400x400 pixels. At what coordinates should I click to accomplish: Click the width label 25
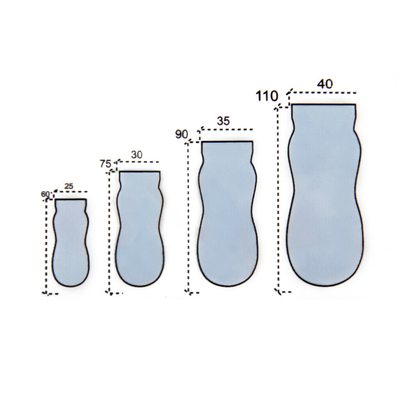tap(69, 186)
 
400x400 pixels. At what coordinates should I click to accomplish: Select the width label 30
tap(136, 155)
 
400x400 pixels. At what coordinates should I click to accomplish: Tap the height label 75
tap(105, 164)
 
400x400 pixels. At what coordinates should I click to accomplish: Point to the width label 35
tap(223, 121)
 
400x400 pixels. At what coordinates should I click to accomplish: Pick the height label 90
tap(181, 135)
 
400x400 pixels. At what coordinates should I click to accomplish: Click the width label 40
tap(325, 84)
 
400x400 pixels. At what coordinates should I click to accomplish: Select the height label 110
tap(267, 96)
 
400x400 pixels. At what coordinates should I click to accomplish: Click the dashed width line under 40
tap(323, 93)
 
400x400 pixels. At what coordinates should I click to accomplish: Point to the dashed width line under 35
tap(227, 129)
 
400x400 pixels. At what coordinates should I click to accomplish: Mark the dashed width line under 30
tap(138, 162)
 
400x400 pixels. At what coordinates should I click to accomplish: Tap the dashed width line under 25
tap(71, 192)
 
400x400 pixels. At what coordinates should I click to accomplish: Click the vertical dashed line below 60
tap(46, 246)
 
